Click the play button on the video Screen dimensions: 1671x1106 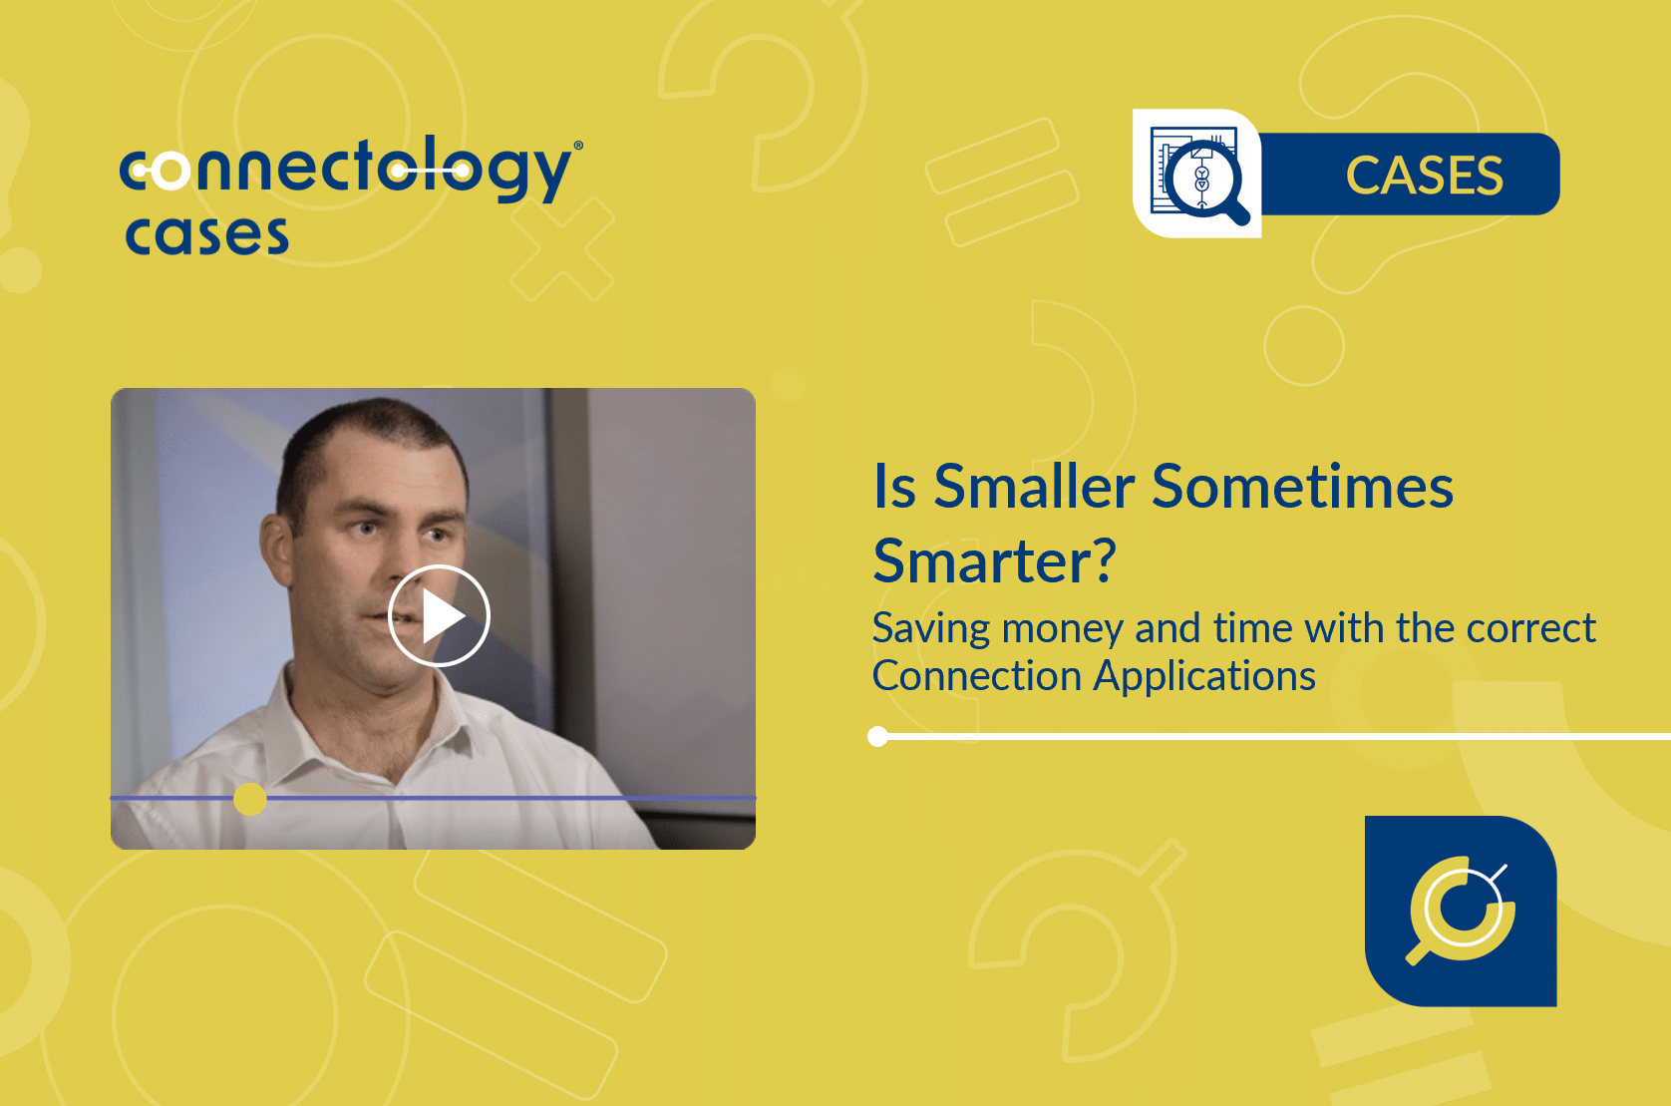click(x=439, y=615)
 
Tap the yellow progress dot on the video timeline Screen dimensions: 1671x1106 click(x=250, y=799)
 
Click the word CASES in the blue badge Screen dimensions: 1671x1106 click(x=1424, y=176)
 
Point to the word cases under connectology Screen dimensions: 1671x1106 click(x=206, y=235)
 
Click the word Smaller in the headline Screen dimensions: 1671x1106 click(x=1035, y=487)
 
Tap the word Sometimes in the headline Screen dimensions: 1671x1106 click(x=1302, y=487)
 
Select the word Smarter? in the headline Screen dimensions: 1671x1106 click(x=994, y=560)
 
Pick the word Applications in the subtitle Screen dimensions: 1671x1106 click(x=1204, y=677)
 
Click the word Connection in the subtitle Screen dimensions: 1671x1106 click(x=976, y=676)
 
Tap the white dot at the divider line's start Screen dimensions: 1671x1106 click(x=878, y=737)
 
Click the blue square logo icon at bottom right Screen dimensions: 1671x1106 click(x=1461, y=912)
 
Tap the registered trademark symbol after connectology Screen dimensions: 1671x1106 click(x=578, y=146)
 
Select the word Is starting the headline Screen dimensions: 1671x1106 click(x=894, y=487)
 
